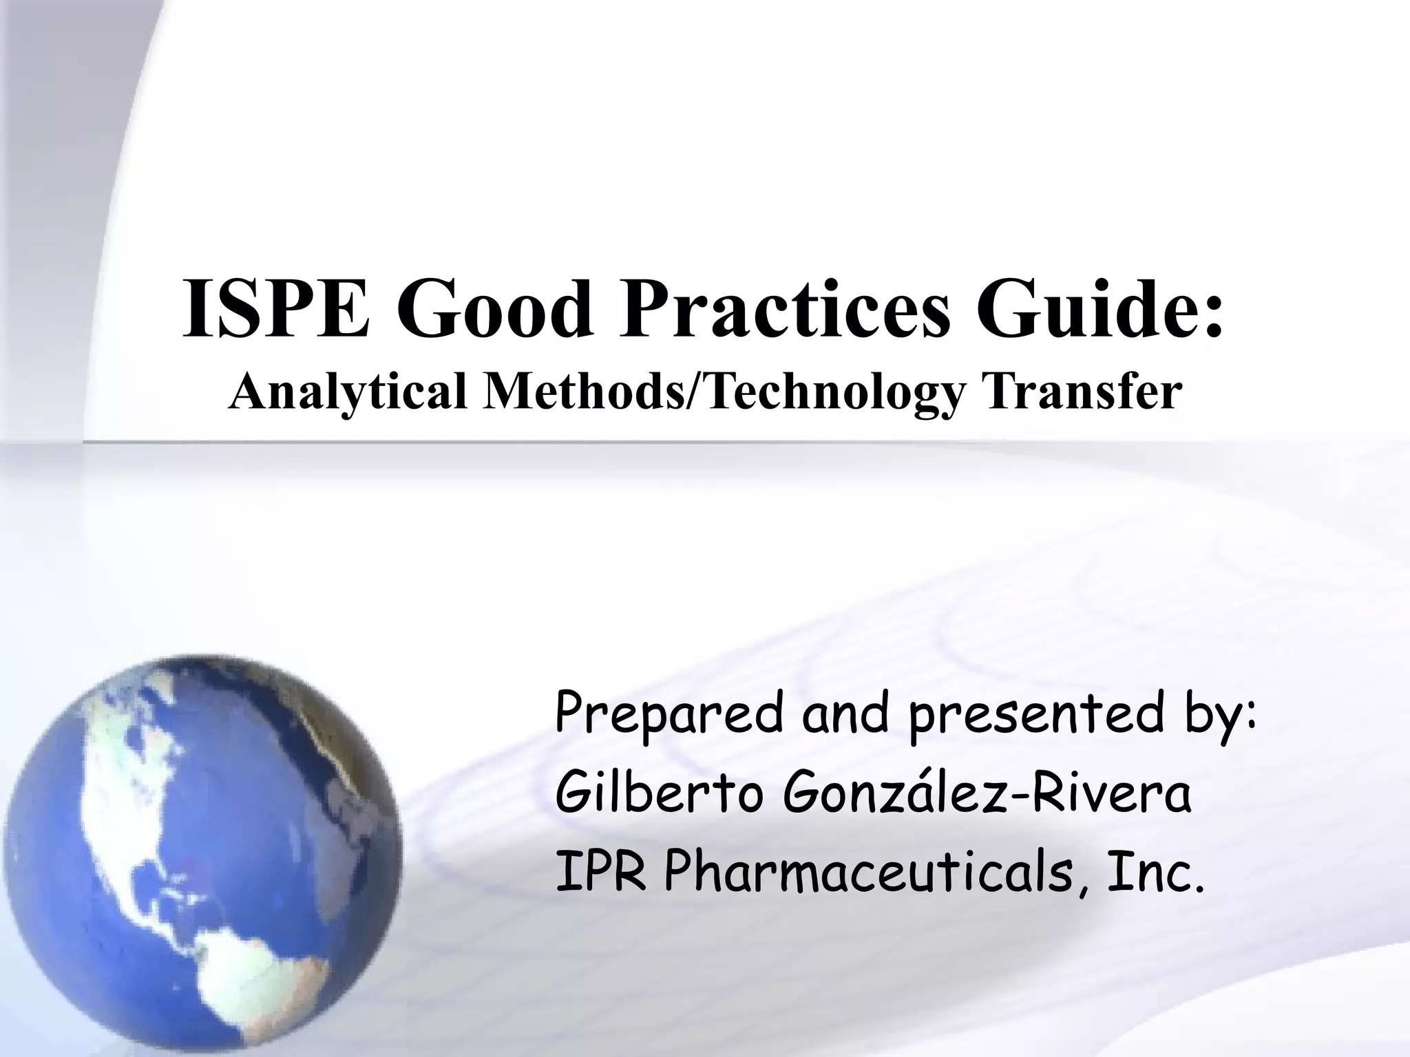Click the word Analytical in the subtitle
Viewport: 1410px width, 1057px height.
coord(347,394)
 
